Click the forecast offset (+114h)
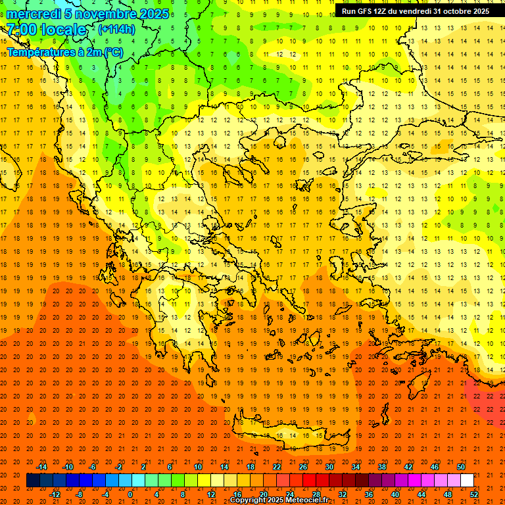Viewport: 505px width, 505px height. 116,30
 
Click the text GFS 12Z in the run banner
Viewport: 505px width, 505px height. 370,11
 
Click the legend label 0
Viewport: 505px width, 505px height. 130,494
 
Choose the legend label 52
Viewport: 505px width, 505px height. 474,494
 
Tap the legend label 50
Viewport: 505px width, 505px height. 460,466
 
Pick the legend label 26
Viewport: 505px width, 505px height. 302,466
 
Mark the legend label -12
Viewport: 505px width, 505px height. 55,494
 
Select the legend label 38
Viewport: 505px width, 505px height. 381,466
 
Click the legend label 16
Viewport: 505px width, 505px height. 237,494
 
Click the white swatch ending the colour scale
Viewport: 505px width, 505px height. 467,480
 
